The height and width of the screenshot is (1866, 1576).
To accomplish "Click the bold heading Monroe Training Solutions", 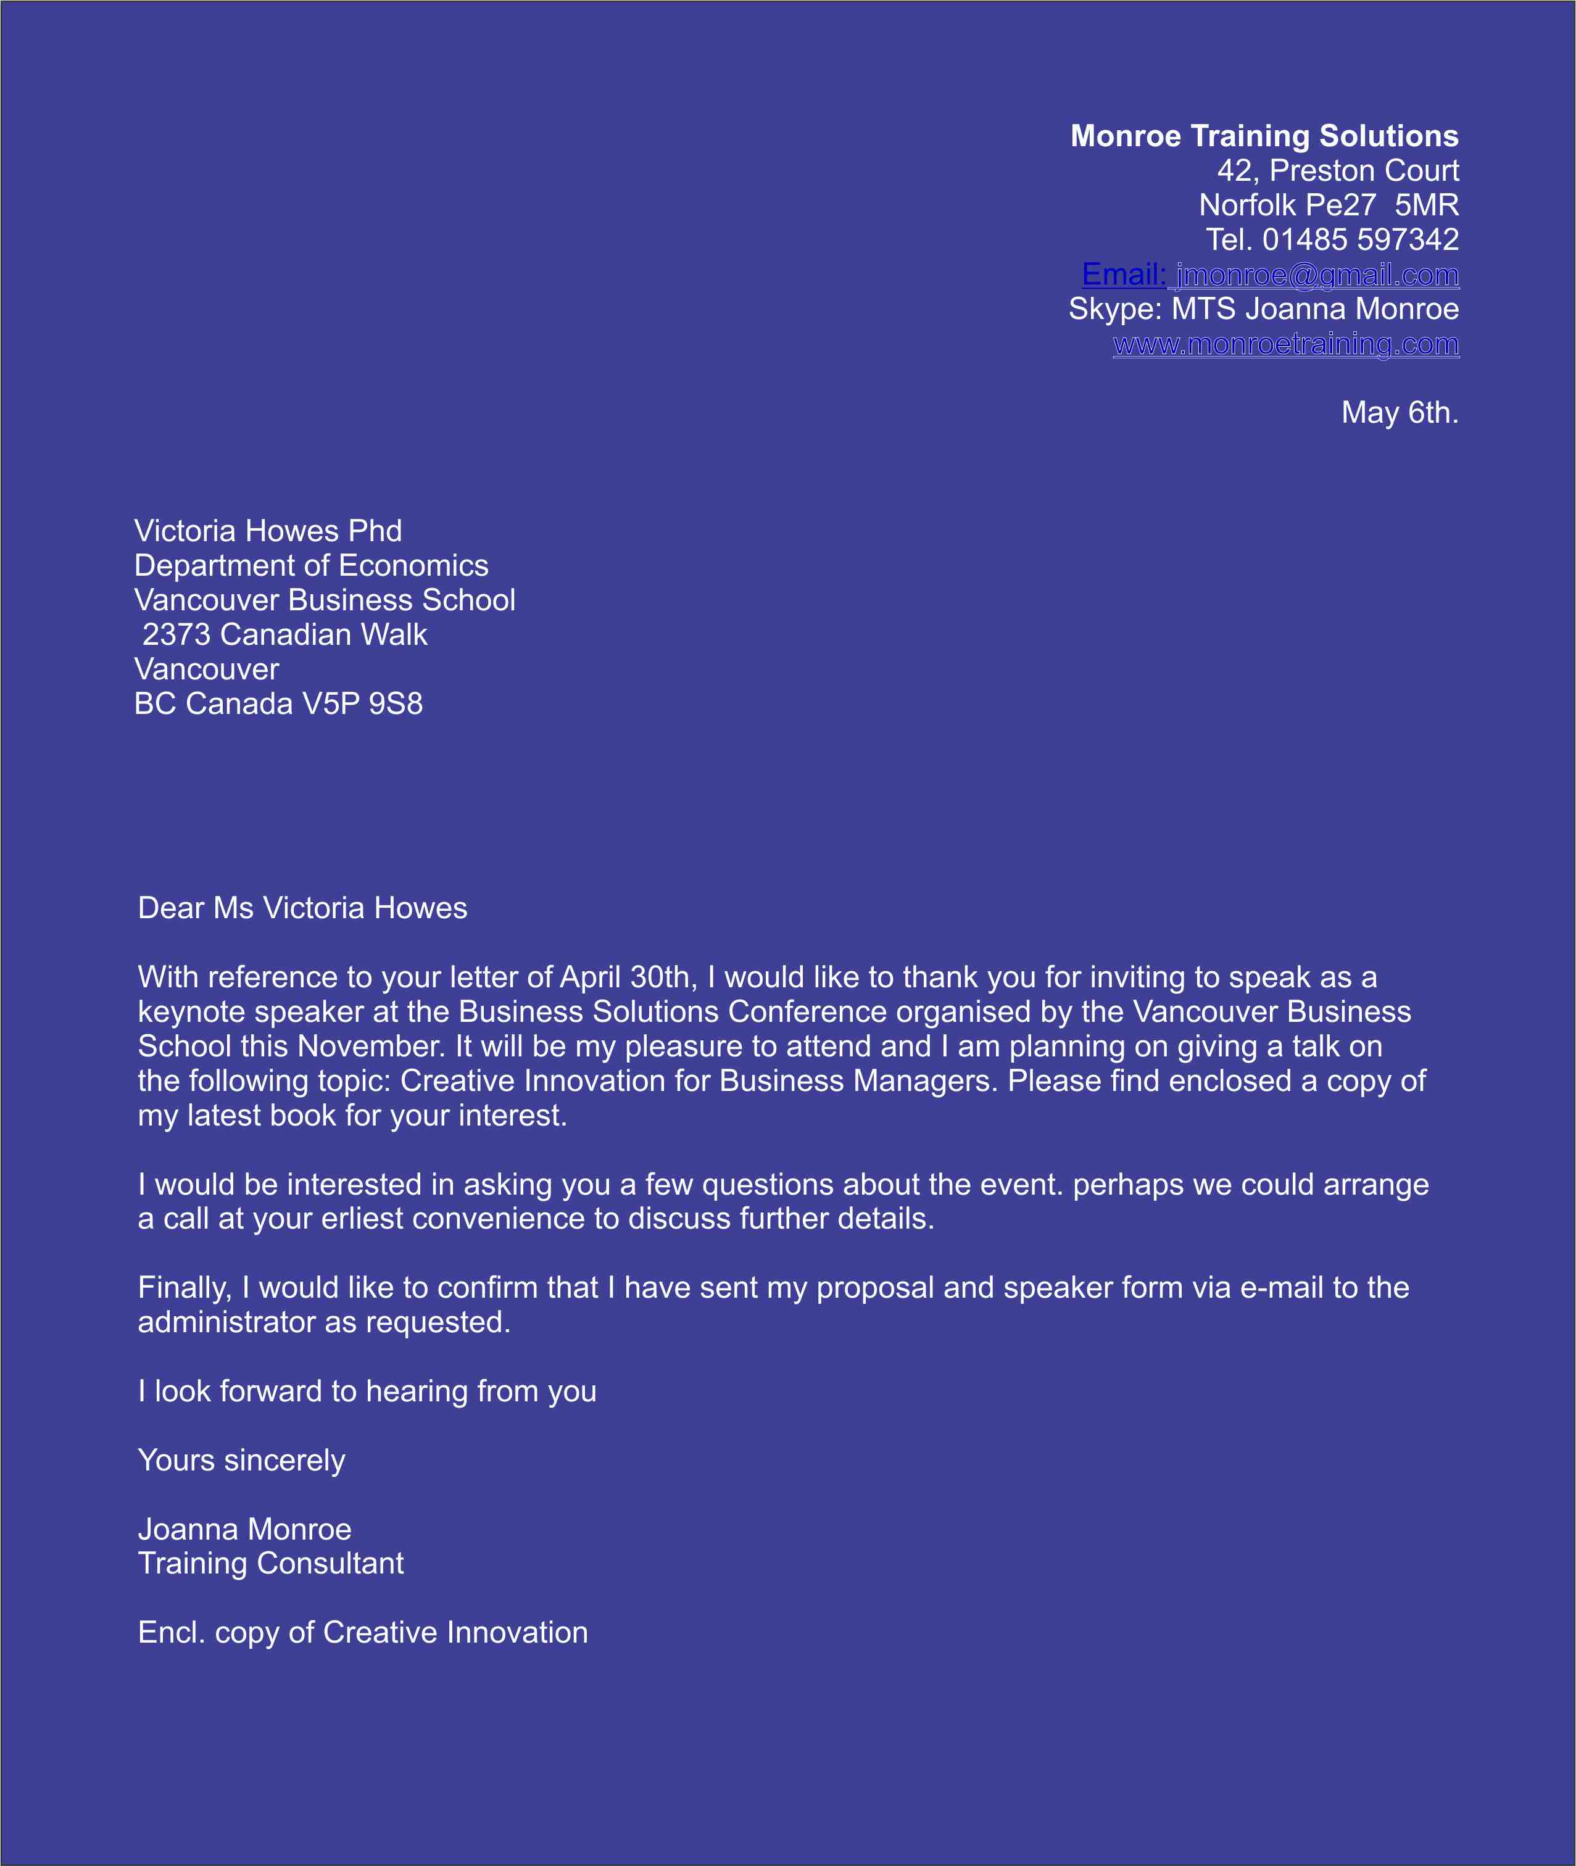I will tap(1264, 136).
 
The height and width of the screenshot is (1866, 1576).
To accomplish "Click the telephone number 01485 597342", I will tap(1360, 239).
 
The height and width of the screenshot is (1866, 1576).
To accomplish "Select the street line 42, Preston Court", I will tap(1337, 170).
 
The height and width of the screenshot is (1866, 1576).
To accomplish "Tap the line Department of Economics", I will tap(311, 565).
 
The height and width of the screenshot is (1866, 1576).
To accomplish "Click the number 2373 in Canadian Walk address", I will tap(176, 634).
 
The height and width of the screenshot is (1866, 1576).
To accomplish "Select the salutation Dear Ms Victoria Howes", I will tap(302, 908).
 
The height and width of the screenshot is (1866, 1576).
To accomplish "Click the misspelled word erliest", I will tap(362, 1219).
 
